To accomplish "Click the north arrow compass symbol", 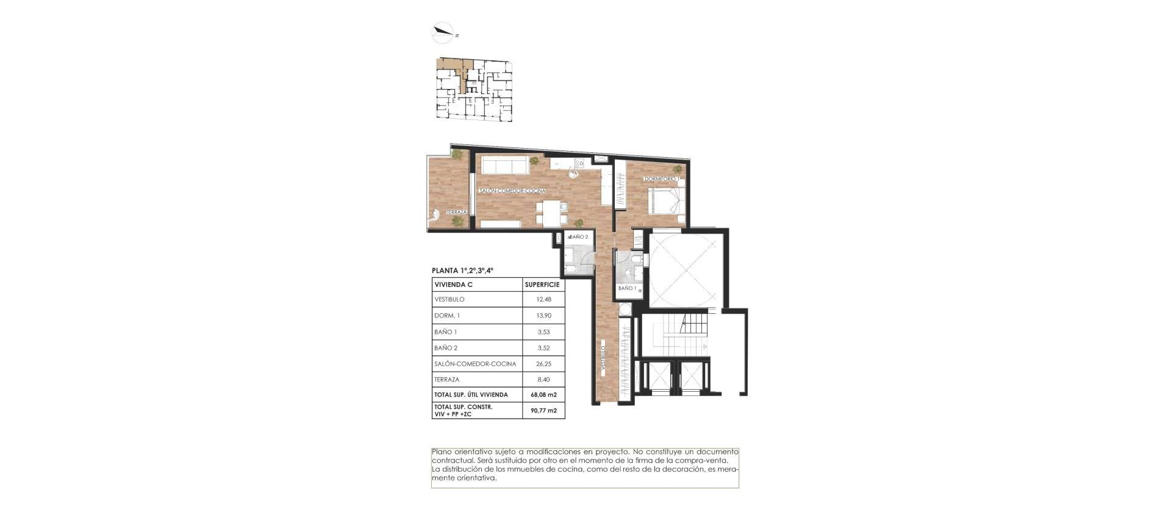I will pyautogui.click(x=443, y=32).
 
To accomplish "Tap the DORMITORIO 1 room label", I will pyautogui.click(x=661, y=179).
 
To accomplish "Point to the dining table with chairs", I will pyautogui.click(x=124, y=213).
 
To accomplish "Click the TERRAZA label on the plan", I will pyautogui.click(x=456, y=212).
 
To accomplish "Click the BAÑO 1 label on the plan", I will pyautogui.click(x=627, y=288).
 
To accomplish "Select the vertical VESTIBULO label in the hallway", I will pyautogui.click(x=602, y=361).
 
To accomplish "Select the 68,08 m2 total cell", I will pyautogui.click(x=543, y=395).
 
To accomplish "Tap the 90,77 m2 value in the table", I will pyautogui.click(x=543, y=411).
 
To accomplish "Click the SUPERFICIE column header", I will pyautogui.click(x=542, y=285).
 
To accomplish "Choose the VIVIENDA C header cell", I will pyautogui.click(x=453, y=285).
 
